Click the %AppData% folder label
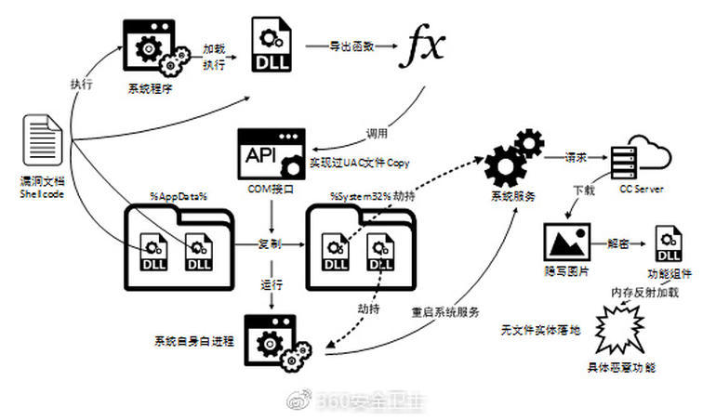click(178, 197)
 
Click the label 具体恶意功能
click(622, 367)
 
